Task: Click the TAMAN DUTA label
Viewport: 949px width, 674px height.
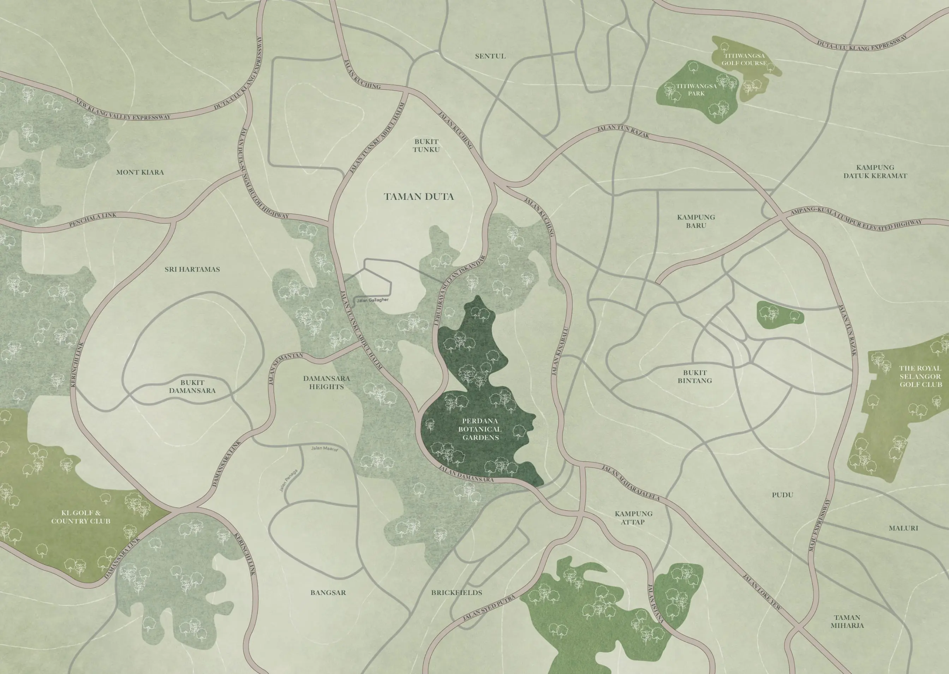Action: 418,197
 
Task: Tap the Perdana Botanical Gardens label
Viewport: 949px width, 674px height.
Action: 480,429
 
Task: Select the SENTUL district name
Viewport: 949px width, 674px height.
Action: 490,56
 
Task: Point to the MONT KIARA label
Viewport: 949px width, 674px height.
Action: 140,172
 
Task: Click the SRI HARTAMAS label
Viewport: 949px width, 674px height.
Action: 192,269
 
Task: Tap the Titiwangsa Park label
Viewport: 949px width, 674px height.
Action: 696,90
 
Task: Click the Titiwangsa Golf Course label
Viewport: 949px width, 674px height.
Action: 744,59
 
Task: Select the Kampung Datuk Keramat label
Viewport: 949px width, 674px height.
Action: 875,171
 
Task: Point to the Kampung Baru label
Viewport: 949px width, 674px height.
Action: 696,221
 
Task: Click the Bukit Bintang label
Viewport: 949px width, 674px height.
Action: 695,377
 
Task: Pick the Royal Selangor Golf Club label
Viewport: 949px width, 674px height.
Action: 920,377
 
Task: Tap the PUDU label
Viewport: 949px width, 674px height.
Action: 782,495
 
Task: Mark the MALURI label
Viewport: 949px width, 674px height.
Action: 903,528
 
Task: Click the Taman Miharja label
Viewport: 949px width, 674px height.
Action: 847,622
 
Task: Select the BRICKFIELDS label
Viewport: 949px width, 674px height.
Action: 456,592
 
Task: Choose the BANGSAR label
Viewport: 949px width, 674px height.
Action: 328,592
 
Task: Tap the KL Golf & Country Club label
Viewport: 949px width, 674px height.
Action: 81,517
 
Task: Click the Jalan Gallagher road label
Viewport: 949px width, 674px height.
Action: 372,300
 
